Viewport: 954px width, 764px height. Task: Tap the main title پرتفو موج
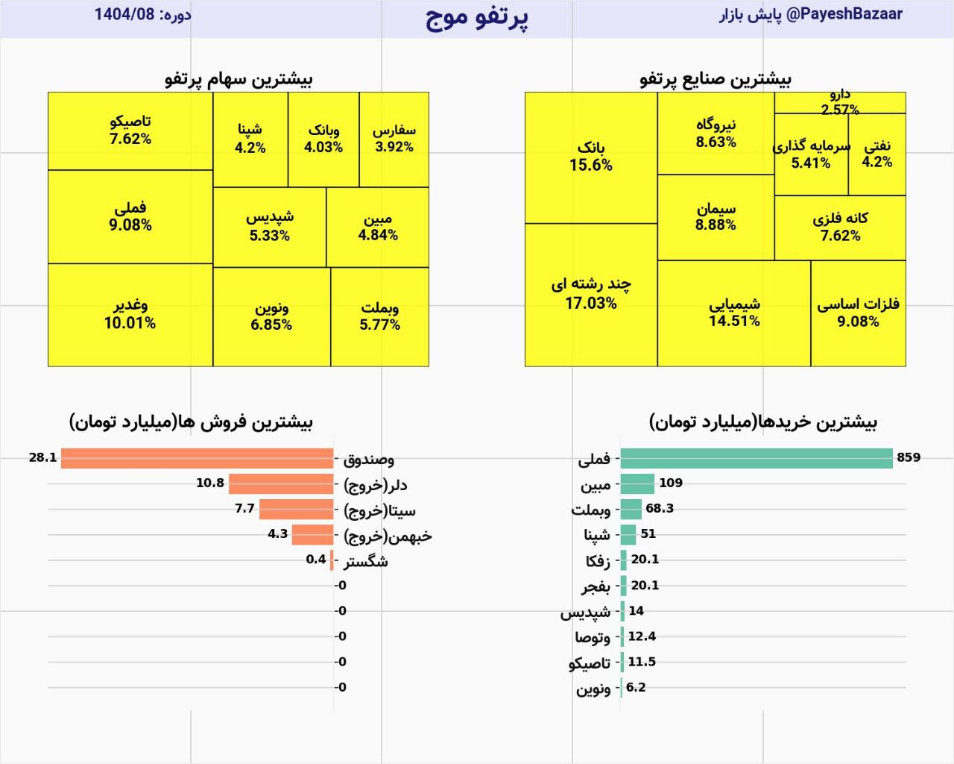coord(476,17)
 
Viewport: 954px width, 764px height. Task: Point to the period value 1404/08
coord(124,14)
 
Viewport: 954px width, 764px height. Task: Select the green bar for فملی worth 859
coord(756,458)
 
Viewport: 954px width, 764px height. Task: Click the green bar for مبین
coord(637,484)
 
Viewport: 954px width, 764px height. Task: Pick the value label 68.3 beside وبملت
coord(659,509)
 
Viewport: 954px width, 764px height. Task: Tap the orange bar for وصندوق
coord(197,458)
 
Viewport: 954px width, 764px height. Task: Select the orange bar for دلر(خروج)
coord(280,484)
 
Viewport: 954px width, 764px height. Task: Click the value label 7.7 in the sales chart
coord(244,509)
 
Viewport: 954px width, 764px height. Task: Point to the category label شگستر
coord(365,561)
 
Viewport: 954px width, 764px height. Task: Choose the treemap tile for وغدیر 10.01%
coord(130,314)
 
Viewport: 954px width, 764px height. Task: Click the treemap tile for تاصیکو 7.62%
coord(130,131)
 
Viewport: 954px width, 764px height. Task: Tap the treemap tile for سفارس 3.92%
coord(394,139)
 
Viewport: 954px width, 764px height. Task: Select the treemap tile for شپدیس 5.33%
coord(269,226)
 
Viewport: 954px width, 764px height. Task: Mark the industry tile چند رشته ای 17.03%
coord(590,294)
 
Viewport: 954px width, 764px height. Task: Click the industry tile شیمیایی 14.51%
coord(733,313)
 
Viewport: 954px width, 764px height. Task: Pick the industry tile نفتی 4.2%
coord(876,154)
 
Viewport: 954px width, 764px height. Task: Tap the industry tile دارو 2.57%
coord(839,103)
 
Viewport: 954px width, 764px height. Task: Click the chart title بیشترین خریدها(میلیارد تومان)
coord(762,422)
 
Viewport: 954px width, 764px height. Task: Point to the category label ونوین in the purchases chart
coord(593,689)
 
